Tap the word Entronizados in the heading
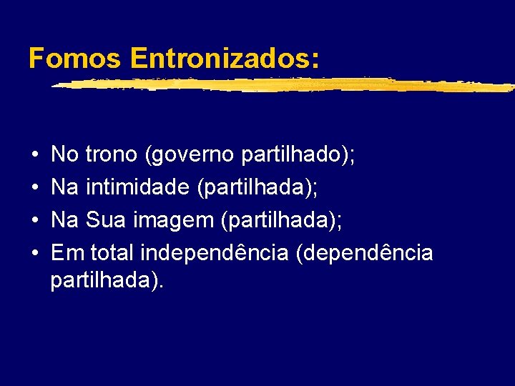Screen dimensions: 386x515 pyautogui.click(x=225, y=59)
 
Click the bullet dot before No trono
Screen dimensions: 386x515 pyautogui.click(x=35, y=154)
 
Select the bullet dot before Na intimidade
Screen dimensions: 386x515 pyautogui.click(x=35, y=188)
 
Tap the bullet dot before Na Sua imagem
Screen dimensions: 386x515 pyautogui.click(x=35, y=221)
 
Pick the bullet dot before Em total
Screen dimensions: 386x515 pyautogui.click(x=35, y=254)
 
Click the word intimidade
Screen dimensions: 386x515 pyautogui.click(x=137, y=187)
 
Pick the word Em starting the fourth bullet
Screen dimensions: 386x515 pyautogui.click(x=66, y=253)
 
